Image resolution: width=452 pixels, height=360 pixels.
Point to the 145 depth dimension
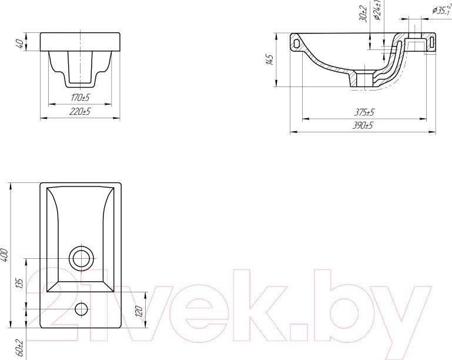pyautogui.click(x=270, y=60)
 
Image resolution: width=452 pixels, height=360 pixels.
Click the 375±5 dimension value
pyautogui.click(x=364, y=112)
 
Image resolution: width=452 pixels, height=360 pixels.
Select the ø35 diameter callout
pyautogui.click(x=441, y=9)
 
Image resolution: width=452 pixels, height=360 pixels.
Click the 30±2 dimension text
pyautogui.click(x=364, y=14)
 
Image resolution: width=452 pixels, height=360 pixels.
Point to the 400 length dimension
pyautogui.click(x=5, y=255)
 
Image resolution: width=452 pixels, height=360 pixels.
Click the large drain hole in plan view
pyautogui.click(x=81, y=258)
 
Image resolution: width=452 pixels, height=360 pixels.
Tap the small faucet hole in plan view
pyautogui.click(x=81, y=308)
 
